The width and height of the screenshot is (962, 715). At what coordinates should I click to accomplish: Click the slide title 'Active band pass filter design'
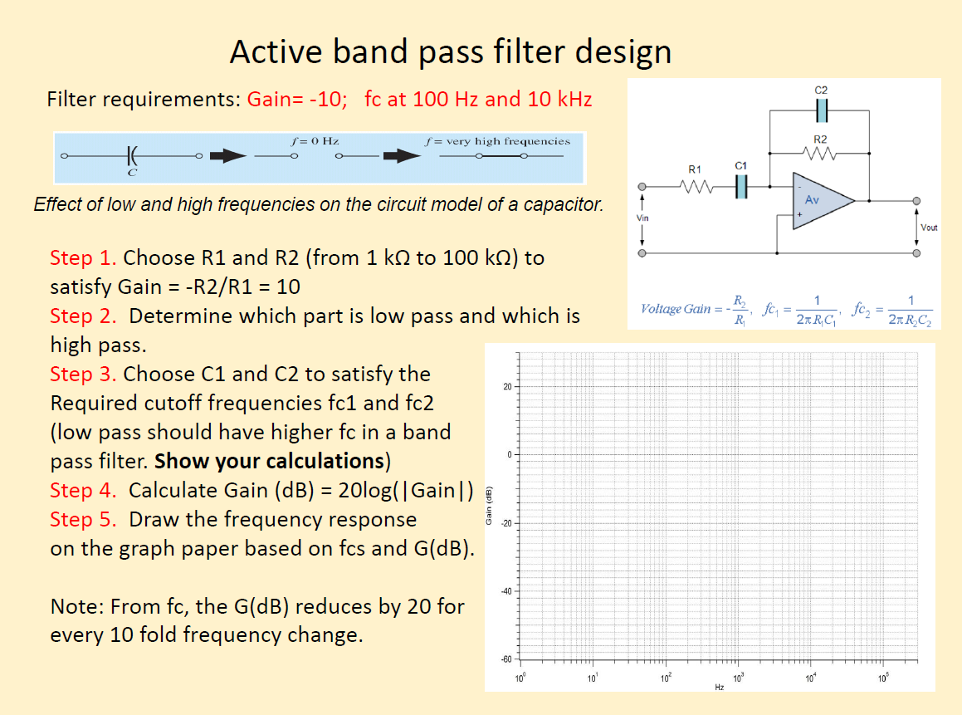pos(451,52)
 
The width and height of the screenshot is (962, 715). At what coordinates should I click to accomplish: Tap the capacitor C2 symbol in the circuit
pos(821,110)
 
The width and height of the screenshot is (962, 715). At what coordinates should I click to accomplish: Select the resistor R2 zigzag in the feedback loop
pos(819,154)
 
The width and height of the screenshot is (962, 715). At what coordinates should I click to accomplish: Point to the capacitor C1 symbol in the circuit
pos(742,187)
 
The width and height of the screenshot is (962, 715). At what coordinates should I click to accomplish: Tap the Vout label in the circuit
pos(928,227)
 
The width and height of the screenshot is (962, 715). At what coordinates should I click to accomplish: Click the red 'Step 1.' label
pos(83,257)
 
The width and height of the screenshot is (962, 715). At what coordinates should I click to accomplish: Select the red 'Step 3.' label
pos(83,374)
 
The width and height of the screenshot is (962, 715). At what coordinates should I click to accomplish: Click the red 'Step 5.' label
pos(83,519)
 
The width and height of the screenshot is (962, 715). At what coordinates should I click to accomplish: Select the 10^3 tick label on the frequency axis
pos(737,678)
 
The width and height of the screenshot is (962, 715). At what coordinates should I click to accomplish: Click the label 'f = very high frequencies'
pos(497,141)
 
